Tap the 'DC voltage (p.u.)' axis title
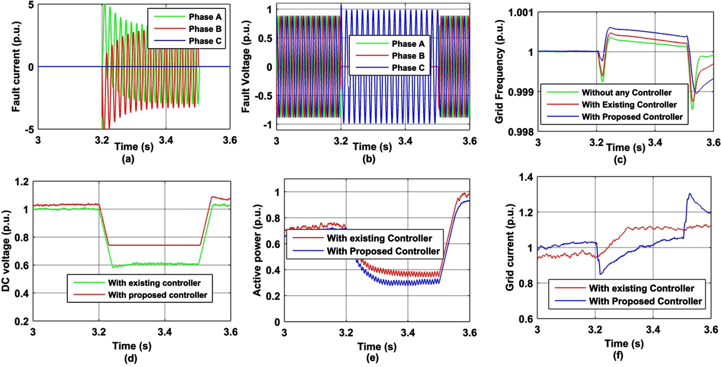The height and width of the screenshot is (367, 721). [6, 251]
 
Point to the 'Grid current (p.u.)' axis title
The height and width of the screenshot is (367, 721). [510, 247]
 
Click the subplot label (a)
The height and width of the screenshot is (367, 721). [128, 159]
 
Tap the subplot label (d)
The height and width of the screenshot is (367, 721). [131, 358]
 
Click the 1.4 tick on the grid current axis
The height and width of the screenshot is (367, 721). [526, 177]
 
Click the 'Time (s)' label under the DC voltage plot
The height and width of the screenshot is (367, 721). [132, 346]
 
